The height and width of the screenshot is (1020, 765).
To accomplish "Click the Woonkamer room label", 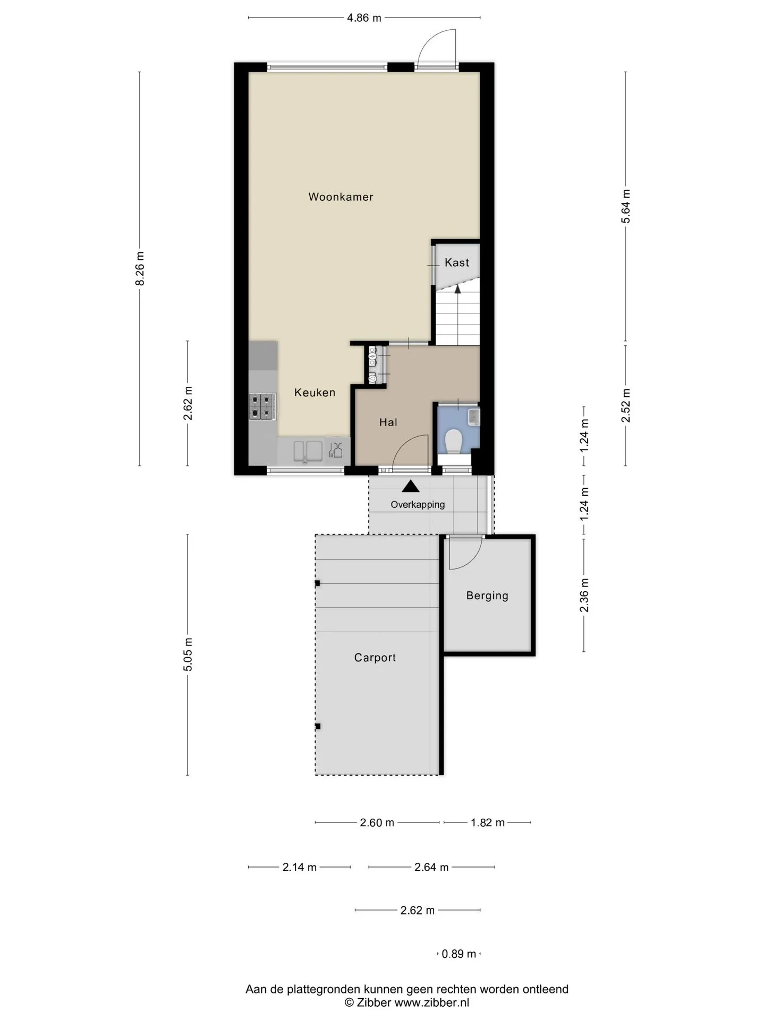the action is coord(341,197).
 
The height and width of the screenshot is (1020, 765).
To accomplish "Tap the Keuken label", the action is coord(314,393).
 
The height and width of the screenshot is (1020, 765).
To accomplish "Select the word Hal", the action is coord(388,422).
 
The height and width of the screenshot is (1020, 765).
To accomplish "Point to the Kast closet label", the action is coord(457,262).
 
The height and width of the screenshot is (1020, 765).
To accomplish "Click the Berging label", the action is coord(487,596).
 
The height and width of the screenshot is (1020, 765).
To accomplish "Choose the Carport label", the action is coord(375,658).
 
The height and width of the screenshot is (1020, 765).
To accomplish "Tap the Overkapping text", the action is coord(418,505).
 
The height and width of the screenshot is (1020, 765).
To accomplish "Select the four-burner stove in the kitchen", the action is coord(263,406).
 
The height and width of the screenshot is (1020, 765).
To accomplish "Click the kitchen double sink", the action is coord(308,451).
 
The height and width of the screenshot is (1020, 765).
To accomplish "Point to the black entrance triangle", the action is coord(411,486).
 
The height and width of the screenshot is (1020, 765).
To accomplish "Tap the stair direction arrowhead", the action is coord(457,288).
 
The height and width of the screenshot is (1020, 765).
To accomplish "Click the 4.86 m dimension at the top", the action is coord(364,18).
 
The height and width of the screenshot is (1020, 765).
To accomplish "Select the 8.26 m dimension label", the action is coord(140,268).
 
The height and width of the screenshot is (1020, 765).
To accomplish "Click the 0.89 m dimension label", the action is coord(459,954).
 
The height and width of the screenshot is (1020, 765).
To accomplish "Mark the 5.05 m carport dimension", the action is coord(188,654).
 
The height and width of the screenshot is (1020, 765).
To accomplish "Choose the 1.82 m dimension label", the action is coord(488,823).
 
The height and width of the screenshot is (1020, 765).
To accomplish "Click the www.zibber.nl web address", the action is coord(431,1003).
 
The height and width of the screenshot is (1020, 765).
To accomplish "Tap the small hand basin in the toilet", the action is coord(474,417).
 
